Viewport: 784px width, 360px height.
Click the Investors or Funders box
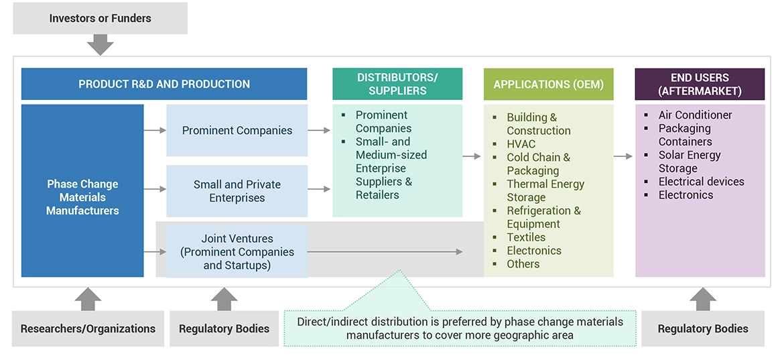[100, 19]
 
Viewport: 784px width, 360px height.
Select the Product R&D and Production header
[164, 84]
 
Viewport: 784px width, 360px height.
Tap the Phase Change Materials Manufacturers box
[82, 197]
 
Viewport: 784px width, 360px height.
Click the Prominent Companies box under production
[237, 131]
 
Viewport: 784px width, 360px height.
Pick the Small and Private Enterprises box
[237, 191]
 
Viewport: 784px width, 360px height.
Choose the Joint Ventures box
[237, 251]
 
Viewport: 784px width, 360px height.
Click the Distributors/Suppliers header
[397, 84]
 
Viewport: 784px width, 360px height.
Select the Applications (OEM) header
[548, 84]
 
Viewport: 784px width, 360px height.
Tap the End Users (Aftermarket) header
[700, 84]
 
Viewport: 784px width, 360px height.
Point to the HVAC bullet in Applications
[521, 144]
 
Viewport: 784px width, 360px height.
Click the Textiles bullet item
[526, 237]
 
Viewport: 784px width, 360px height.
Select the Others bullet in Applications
[523, 264]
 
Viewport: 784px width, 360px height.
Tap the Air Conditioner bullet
[695, 115]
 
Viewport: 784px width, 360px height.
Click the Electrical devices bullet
[701, 182]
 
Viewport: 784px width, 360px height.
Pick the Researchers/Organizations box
[88, 328]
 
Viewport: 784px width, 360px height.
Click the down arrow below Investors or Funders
[101, 45]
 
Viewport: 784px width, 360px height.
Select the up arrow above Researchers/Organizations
[88, 299]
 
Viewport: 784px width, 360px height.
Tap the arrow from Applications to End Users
[624, 156]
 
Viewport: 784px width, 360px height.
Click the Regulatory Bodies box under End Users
[702, 328]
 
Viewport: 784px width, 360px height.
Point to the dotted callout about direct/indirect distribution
[460, 328]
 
